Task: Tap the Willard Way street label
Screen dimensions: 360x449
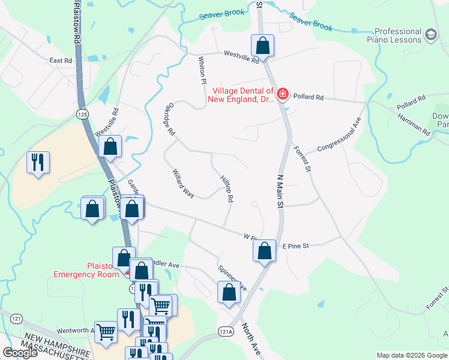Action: pos(183,184)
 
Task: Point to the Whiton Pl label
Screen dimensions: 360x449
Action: pos(202,70)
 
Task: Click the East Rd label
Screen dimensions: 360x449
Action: pos(61,61)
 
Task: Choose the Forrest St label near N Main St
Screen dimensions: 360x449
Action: pos(302,160)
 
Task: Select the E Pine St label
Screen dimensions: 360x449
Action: pos(295,246)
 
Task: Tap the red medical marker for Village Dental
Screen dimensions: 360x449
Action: pos(282,94)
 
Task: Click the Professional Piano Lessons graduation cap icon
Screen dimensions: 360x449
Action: pos(430,35)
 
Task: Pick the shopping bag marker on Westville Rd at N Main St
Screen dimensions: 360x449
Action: pos(262,45)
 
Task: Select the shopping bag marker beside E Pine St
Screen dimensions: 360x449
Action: pos(264,251)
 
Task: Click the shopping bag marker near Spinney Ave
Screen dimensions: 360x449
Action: pos(228,292)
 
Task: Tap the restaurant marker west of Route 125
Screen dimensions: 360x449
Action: pos(38,162)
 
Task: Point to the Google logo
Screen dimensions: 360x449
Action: pos(20,353)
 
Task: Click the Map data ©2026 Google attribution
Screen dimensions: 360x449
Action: pos(411,355)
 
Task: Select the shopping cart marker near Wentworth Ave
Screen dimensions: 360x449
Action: pos(106,331)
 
